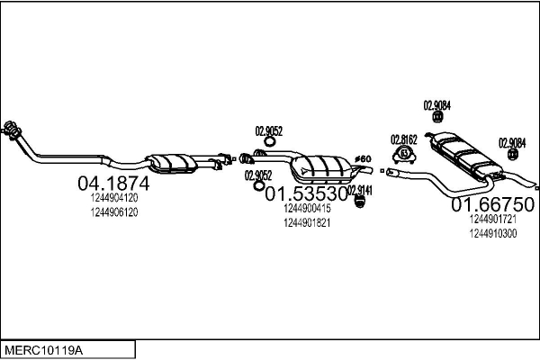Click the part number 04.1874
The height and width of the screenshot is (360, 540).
click(113, 184)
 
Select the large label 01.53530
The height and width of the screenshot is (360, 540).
click(306, 194)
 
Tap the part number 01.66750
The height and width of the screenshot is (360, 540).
click(493, 204)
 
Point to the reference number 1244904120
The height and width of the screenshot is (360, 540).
click(114, 198)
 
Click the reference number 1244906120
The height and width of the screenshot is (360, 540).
click(114, 212)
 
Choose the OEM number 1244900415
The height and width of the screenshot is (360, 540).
click(307, 208)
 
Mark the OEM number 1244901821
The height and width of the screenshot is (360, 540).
click(307, 223)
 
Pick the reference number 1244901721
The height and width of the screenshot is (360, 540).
click(493, 219)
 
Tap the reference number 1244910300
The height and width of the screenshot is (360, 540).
click(493, 234)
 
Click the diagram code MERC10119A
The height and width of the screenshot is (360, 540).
click(43, 351)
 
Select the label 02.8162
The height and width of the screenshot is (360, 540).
click(403, 139)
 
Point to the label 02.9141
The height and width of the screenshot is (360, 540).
click(360, 191)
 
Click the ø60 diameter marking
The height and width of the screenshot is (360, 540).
click(363, 158)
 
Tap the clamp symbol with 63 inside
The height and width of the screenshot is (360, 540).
click(404, 154)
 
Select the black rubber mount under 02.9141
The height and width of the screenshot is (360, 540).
click(359, 202)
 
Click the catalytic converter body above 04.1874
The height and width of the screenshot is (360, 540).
click(171, 163)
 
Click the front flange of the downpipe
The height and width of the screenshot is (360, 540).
click(12, 130)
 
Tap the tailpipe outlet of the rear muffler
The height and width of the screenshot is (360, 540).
click(536, 188)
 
